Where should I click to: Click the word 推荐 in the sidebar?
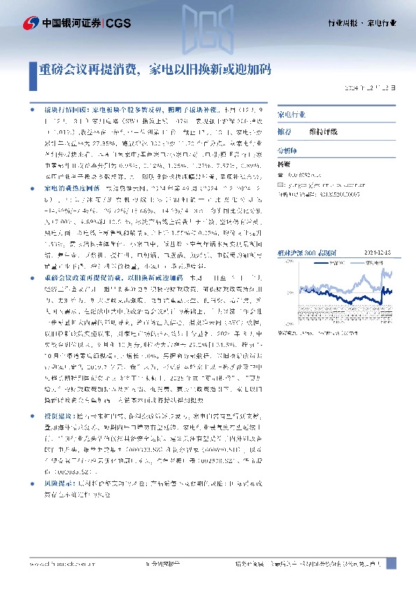pyautogui.click(x=285, y=131)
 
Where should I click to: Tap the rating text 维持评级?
pyautogui.click(x=323, y=131)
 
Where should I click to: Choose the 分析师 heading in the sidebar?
pyautogui.click(x=287, y=150)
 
